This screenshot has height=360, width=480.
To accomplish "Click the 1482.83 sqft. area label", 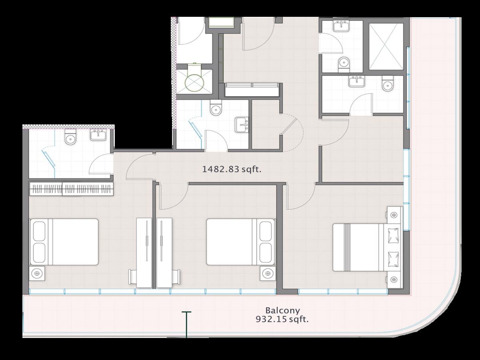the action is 232,169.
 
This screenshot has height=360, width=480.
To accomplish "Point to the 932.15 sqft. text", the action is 282,320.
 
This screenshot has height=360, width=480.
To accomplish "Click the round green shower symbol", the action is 194,83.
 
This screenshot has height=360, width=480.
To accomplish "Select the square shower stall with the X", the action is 386,46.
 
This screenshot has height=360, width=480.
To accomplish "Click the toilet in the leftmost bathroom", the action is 70,137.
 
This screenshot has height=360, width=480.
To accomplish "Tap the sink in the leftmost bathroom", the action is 98,134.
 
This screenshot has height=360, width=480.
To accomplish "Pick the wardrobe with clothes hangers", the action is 71,189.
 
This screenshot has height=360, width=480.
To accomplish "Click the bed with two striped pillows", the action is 366,247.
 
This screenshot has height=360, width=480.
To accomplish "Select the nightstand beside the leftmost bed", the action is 37,273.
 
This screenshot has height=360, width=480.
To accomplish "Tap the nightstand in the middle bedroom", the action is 268,273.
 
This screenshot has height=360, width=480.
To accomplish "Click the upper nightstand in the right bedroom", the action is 394,215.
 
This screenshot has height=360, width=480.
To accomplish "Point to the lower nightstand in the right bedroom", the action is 394,280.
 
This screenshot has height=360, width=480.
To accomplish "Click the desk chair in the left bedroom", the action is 132,277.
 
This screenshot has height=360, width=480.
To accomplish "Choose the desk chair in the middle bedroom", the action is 176,277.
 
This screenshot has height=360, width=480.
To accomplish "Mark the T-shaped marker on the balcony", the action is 186,324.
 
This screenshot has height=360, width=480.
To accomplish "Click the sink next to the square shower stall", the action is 341,26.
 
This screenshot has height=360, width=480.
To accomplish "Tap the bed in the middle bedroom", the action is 240,242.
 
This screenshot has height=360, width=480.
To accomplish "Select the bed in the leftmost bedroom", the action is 64,242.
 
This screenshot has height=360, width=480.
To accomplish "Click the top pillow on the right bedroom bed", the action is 393,236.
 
